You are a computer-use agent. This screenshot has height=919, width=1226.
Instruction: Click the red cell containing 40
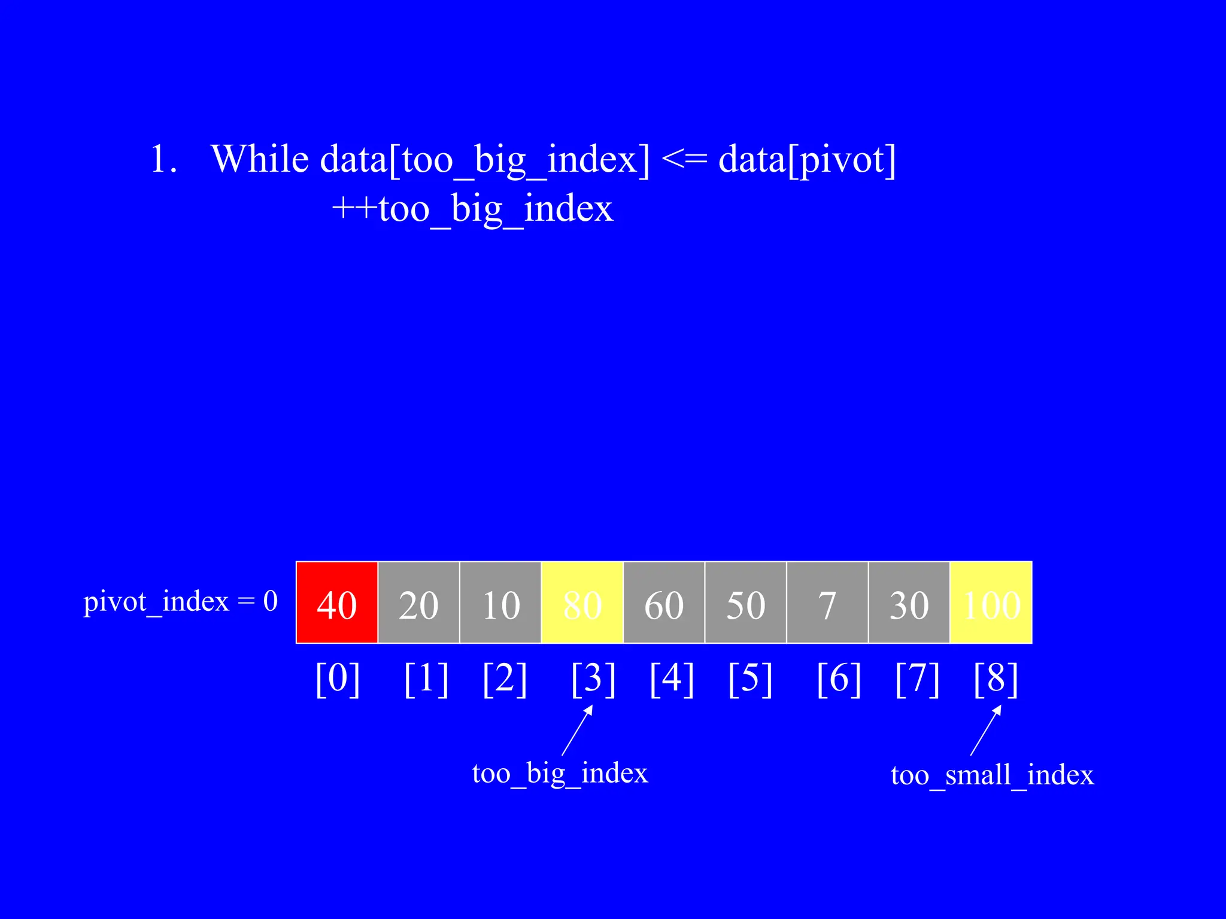tap(337, 602)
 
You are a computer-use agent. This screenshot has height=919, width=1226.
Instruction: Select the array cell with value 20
tap(418, 602)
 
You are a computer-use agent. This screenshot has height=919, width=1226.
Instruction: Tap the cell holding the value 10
tap(500, 602)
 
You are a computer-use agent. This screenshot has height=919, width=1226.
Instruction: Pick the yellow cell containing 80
tap(582, 602)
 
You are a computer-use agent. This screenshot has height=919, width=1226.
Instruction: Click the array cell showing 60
tap(664, 602)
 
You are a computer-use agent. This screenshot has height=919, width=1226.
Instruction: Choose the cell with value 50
tap(746, 602)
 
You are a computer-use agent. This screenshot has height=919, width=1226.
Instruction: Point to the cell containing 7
tap(827, 602)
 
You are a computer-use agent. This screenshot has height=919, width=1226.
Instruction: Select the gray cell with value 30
tap(909, 602)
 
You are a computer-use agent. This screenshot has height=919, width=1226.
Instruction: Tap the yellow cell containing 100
tap(991, 602)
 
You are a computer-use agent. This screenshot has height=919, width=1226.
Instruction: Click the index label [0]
tap(338, 679)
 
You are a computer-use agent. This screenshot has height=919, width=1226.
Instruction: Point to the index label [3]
tap(593, 679)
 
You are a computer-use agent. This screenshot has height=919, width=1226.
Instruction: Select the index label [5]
tap(750, 679)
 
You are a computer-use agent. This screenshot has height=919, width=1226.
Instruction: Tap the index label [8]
tap(996, 679)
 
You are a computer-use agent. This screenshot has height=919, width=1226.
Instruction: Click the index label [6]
tap(839, 679)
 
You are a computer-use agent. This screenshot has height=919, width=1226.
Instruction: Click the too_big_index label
tap(560, 774)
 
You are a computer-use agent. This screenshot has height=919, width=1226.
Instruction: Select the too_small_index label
tap(992, 775)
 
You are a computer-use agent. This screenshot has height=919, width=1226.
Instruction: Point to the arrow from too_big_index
tap(577, 731)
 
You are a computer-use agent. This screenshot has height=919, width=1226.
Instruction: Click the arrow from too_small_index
tap(985, 731)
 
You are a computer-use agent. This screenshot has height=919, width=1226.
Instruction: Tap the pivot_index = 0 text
tap(180, 601)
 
